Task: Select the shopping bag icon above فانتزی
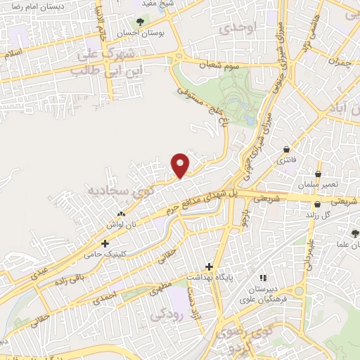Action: pos(287,149)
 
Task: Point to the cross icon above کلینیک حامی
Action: pos(105,244)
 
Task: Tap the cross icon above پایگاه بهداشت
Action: pos(208,266)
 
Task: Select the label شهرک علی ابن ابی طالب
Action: pos(101,62)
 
